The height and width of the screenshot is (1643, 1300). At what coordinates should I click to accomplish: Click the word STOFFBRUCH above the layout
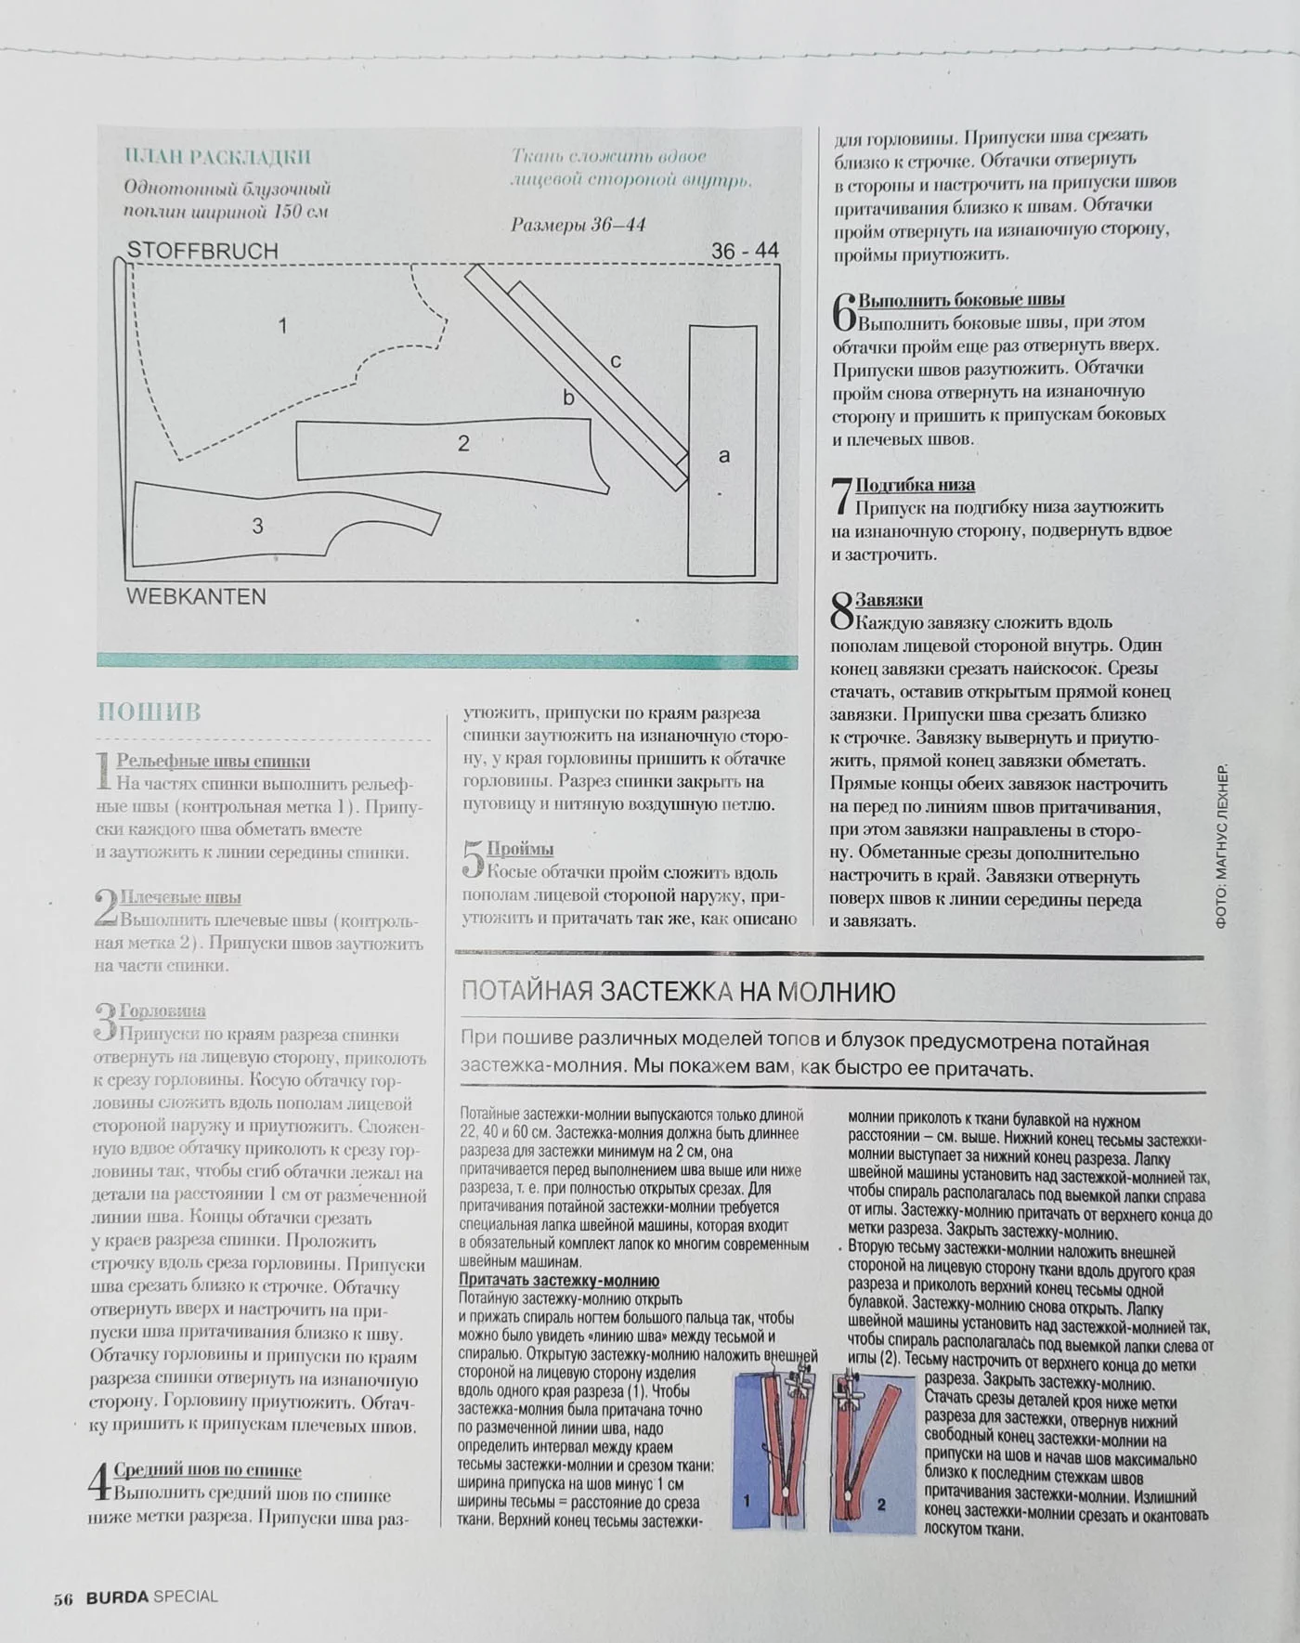click(202, 251)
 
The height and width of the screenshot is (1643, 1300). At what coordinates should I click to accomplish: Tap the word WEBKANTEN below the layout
click(196, 596)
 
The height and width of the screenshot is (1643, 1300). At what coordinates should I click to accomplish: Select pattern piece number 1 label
click(283, 325)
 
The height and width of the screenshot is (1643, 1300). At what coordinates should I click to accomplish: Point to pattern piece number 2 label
click(463, 444)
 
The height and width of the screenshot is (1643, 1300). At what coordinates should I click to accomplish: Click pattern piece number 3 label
click(257, 526)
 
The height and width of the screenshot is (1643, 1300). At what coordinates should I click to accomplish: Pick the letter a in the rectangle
click(724, 456)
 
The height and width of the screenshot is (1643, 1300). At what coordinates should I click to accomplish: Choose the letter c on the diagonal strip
click(615, 361)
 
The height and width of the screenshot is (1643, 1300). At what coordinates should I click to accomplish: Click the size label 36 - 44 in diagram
click(745, 251)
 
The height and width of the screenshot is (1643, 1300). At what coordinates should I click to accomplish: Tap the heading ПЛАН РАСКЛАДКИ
click(217, 157)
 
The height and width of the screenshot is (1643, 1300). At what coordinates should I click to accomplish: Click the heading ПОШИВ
click(149, 712)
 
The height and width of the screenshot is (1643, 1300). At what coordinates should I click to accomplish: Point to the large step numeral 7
click(841, 496)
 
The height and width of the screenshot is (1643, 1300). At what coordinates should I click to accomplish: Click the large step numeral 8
click(841, 612)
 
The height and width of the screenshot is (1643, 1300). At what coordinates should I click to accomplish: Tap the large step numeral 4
click(100, 1481)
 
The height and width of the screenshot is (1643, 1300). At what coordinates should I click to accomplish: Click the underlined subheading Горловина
click(162, 1011)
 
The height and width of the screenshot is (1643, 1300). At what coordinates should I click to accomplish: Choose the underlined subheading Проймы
click(520, 849)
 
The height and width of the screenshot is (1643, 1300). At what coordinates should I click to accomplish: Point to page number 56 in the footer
click(63, 1598)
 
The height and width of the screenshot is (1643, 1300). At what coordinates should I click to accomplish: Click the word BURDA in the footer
click(117, 1597)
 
